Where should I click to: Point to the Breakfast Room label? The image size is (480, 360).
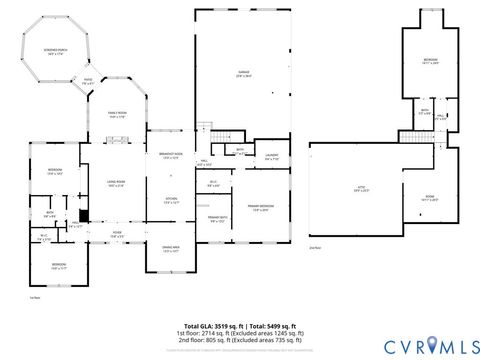click(x=170, y=156)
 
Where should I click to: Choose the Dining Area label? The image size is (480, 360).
click(x=170, y=249)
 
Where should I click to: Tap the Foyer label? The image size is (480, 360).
click(x=117, y=235)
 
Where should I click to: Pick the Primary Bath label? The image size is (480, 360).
click(x=217, y=220)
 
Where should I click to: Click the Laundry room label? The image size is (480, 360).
click(x=270, y=157)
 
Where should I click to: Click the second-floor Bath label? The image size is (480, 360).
click(x=424, y=112)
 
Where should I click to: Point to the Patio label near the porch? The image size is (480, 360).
click(x=87, y=81)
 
